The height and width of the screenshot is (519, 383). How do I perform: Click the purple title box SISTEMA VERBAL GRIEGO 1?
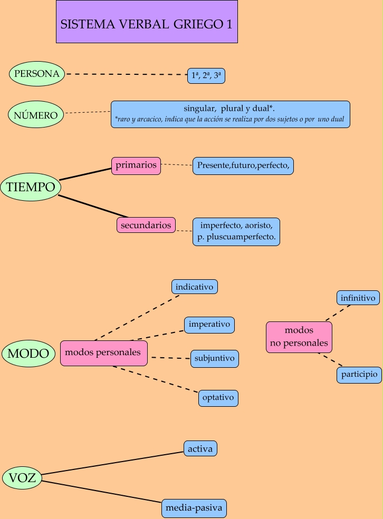[x=147, y=22]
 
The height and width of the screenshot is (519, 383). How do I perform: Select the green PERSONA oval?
[x=37, y=74]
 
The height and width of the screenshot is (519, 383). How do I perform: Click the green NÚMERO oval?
[x=36, y=114]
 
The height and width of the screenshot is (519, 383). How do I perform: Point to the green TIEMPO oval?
[x=31, y=187]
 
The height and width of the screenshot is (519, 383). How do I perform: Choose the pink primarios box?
[x=136, y=165]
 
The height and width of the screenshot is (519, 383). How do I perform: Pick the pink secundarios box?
[x=146, y=225]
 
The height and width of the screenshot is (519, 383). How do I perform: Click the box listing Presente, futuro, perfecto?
[x=243, y=166]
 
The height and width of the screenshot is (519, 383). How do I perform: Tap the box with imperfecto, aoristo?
[x=236, y=231]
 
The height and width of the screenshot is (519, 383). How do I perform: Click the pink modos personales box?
[x=103, y=352]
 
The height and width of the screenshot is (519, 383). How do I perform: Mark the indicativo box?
[x=194, y=287]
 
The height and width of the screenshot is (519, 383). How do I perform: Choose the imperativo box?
[x=209, y=325]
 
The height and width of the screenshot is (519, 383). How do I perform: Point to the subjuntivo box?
[x=214, y=358]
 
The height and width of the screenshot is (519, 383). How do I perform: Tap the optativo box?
[x=218, y=398]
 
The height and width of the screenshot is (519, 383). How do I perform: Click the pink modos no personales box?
[x=299, y=337]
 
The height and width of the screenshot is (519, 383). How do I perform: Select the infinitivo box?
[x=359, y=298]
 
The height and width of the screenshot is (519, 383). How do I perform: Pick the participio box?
[x=359, y=375]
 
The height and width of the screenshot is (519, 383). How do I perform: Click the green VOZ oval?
[x=23, y=478]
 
